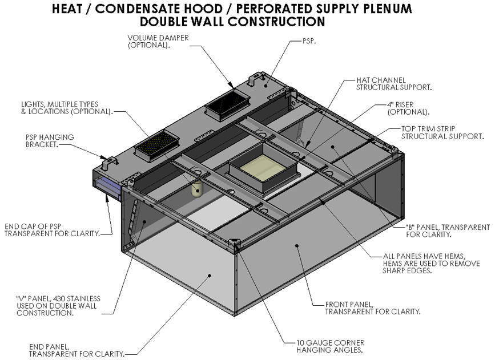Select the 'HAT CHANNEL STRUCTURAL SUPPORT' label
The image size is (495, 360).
click(x=393, y=84)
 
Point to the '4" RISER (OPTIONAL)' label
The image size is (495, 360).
click(x=408, y=108)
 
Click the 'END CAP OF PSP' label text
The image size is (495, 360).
click(x=53, y=229)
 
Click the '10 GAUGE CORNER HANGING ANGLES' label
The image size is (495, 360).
click(x=330, y=346)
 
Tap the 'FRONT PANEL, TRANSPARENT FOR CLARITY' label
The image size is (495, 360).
click(x=372, y=308)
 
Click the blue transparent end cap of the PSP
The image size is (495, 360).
click(x=107, y=186)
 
